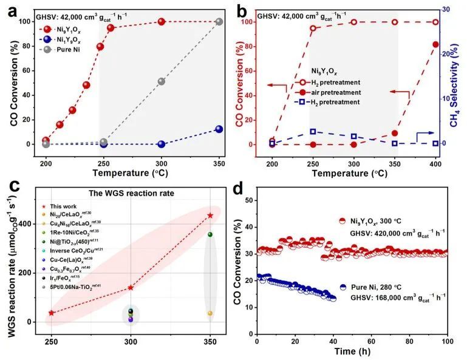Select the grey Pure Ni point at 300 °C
(x=162, y=81)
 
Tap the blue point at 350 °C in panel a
(x=219, y=129)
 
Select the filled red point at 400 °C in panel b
(x=435, y=44)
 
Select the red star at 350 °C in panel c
(x=210, y=216)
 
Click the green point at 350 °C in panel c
(x=210, y=234)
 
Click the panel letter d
(x=240, y=190)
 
